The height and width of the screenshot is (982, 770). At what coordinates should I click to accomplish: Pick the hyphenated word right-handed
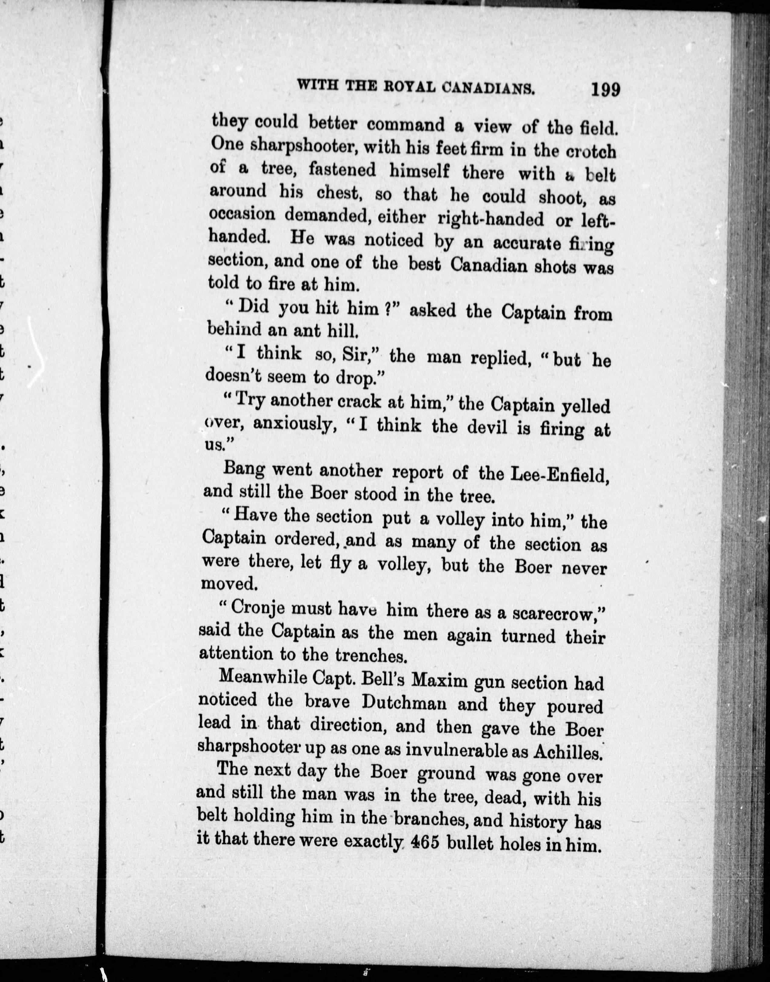coord(491,219)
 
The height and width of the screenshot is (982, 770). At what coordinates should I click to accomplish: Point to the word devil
coord(488,427)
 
